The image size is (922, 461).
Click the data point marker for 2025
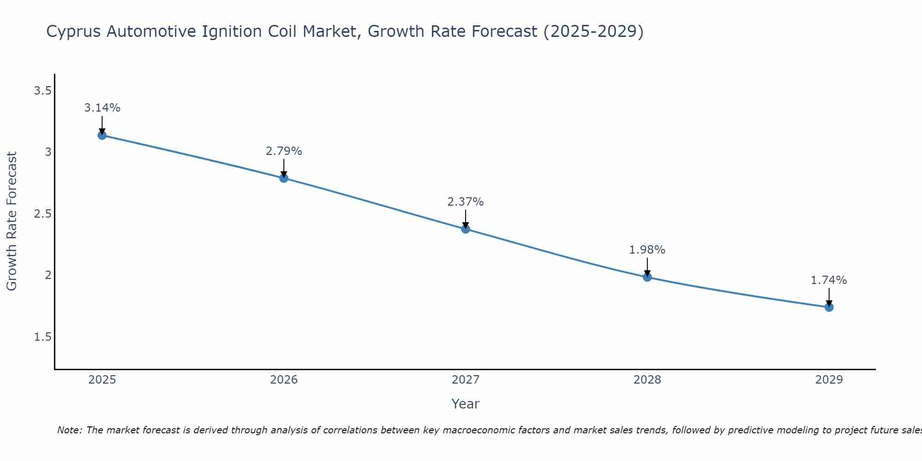(102, 135)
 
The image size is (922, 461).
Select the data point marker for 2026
(284, 178)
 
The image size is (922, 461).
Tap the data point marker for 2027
(466, 229)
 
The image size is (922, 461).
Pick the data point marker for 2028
(647, 277)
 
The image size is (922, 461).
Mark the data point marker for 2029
(829, 307)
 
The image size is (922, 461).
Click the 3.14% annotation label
(102, 108)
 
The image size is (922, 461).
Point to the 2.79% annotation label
(284, 151)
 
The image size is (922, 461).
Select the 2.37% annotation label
(466, 202)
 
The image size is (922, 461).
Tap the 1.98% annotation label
(647, 250)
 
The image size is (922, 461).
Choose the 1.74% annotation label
(829, 280)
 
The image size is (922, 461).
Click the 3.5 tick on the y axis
(42, 91)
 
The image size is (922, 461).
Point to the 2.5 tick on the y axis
(42, 214)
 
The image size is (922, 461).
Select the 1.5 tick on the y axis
(42, 337)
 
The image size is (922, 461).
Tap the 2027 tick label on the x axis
(466, 380)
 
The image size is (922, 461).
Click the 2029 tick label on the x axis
(829, 380)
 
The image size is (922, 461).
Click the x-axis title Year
(466, 404)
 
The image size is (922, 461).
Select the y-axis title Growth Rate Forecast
(12, 221)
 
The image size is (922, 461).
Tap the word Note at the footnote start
(69, 430)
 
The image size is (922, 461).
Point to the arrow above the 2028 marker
(647, 266)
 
